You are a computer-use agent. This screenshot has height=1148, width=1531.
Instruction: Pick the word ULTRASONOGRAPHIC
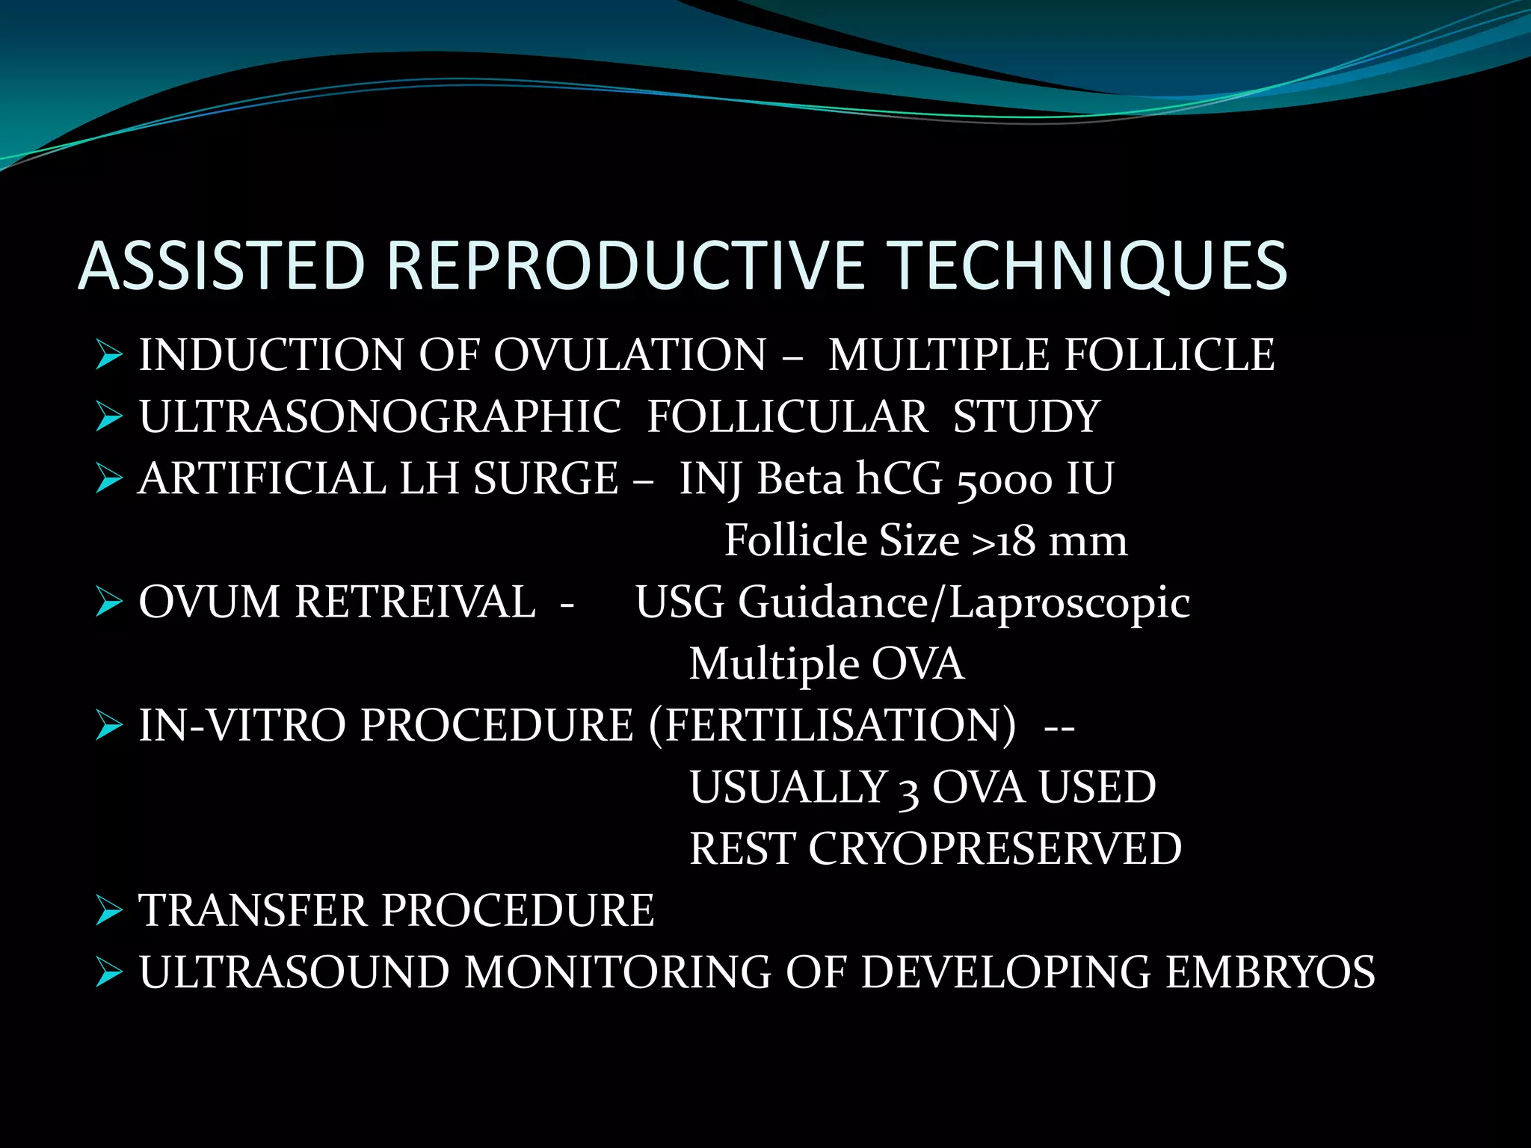(380, 416)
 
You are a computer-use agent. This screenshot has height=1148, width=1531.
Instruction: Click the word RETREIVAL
(415, 602)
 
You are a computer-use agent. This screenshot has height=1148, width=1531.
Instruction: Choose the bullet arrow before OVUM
(109, 602)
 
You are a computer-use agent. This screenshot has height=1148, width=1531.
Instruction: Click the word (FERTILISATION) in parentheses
(832, 726)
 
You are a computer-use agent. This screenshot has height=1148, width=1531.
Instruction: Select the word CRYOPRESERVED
(994, 849)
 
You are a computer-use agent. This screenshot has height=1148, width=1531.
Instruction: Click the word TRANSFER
(253, 911)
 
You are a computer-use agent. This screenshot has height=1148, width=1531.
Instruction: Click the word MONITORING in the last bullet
(617, 972)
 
